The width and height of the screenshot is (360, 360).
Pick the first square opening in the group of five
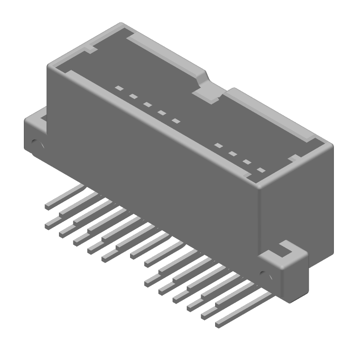coord(119,88)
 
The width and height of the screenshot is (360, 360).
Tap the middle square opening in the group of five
coord(147,104)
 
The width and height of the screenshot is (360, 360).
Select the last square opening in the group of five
coord(175,121)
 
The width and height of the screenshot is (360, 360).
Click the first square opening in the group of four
coord(218,145)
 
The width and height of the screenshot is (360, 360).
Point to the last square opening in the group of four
coord(261,170)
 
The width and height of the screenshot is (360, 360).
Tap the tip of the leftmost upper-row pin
coord(48,206)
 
